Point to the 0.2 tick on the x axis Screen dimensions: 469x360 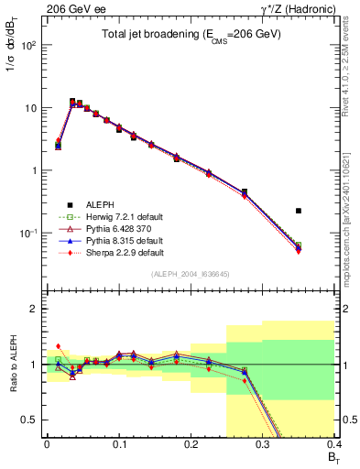coord(191,443)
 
